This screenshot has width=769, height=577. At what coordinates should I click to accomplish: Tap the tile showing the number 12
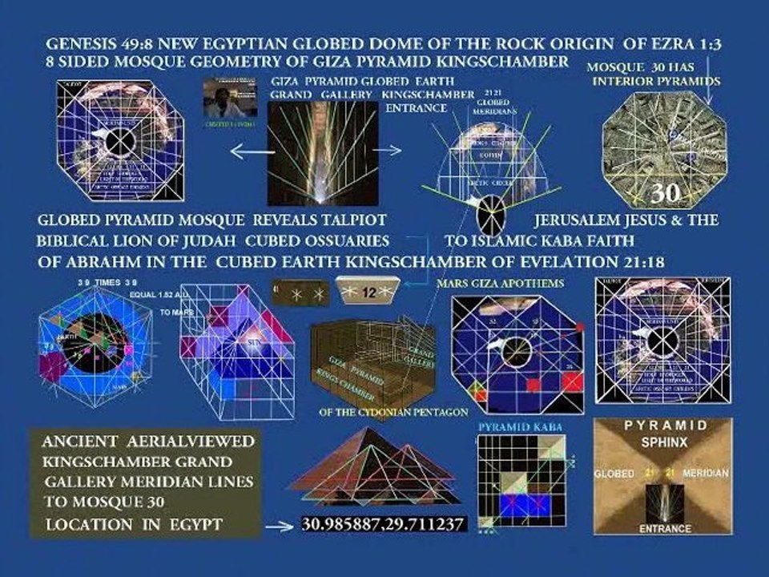(368, 292)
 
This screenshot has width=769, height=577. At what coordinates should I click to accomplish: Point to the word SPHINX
(662, 442)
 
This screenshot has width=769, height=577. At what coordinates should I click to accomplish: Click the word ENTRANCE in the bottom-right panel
(665, 529)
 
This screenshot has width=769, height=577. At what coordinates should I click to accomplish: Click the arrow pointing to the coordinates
(277, 527)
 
